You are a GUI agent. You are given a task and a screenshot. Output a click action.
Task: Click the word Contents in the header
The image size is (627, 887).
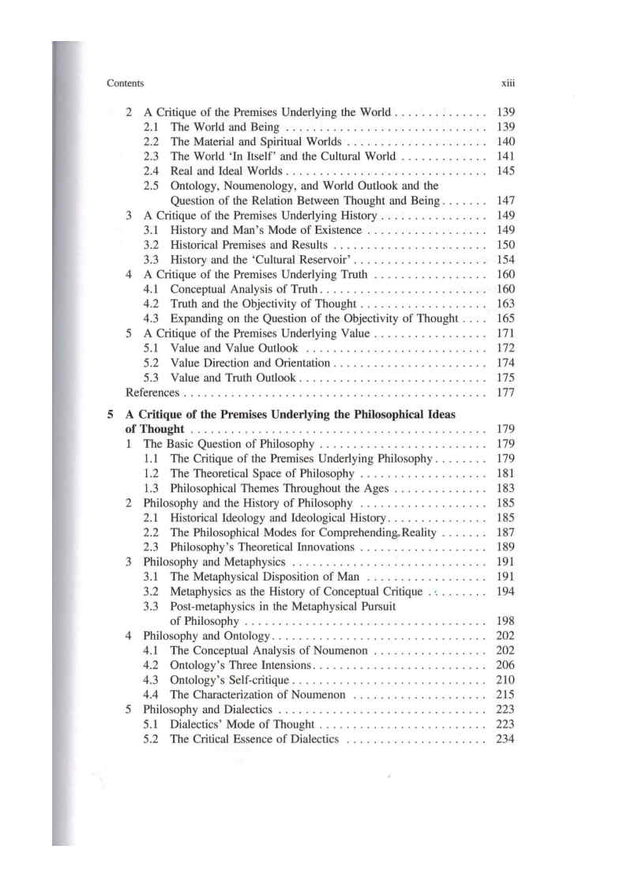click(124, 82)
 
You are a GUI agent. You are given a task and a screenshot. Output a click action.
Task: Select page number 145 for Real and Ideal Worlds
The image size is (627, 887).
click(505, 171)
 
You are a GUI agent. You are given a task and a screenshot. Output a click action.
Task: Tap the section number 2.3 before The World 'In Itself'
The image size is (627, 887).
click(152, 156)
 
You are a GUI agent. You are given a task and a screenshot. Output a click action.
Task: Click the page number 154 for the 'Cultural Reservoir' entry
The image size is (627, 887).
click(505, 260)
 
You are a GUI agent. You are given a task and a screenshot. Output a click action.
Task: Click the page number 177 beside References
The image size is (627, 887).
click(505, 393)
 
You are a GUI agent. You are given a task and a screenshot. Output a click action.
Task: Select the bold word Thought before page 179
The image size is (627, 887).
click(163, 429)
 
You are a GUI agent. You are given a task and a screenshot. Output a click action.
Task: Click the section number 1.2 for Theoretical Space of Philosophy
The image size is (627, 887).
click(152, 473)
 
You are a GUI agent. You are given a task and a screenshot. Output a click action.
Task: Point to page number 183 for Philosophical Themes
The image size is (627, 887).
click(505, 488)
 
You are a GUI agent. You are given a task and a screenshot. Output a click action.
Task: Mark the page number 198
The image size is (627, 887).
click(505, 621)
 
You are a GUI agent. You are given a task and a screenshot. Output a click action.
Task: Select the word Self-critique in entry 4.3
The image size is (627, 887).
click(260, 680)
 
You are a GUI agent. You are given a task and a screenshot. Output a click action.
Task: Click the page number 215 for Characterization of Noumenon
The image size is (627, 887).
click(505, 695)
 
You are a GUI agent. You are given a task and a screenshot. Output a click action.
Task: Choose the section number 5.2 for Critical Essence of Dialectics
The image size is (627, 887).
click(152, 739)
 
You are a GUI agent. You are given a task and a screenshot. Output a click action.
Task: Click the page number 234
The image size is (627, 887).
click(505, 739)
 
